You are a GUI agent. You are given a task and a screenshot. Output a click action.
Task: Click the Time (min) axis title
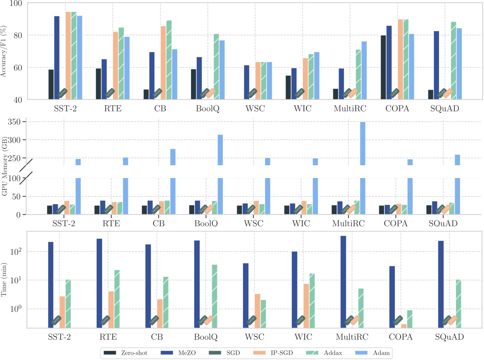(4, 280)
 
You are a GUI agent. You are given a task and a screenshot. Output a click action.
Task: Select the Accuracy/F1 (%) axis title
(4, 51)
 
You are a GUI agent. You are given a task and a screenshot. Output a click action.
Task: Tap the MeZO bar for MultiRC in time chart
(343, 281)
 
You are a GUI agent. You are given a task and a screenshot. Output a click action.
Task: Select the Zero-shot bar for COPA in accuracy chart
(383, 67)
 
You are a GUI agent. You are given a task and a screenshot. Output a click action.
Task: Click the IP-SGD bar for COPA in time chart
(404, 326)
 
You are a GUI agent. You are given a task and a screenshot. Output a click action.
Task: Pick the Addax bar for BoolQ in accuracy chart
(216, 67)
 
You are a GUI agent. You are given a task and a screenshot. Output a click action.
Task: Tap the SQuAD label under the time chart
(449, 337)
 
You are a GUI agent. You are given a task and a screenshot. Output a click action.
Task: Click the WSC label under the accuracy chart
(255, 109)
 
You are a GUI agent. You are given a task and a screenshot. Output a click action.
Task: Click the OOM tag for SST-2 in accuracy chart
(63, 93)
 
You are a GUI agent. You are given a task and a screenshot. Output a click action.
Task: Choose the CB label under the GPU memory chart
(158, 224)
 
